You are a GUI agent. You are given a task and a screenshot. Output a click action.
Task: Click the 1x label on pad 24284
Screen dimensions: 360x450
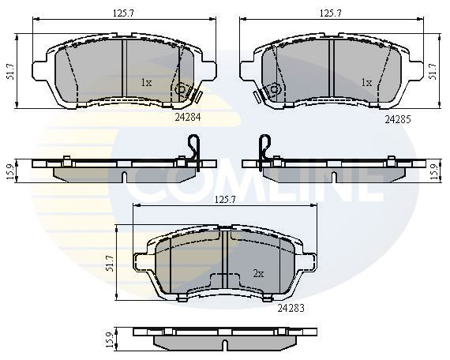146,82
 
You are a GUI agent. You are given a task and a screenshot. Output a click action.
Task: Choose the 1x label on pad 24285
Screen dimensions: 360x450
366,82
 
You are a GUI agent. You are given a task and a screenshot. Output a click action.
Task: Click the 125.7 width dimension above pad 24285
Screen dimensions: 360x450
330,13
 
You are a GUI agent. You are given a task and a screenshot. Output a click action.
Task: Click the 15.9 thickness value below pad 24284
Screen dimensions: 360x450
9,171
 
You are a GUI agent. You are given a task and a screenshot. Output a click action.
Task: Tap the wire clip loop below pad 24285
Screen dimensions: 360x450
267,147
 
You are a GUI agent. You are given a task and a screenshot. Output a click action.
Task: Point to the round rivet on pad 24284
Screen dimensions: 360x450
181,91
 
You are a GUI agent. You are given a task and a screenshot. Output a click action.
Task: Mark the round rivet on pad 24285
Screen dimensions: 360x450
276,91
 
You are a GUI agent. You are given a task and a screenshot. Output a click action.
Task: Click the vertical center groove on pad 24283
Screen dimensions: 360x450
227,261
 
